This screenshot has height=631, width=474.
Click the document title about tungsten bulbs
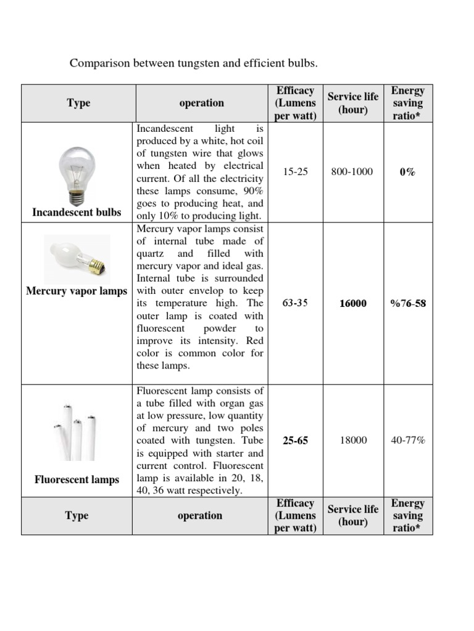point(193,63)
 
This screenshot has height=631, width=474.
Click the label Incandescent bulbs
point(77,213)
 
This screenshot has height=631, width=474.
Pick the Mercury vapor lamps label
point(77,291)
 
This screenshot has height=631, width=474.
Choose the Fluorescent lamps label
point(77,479)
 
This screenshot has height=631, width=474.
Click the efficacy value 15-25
point(295,172)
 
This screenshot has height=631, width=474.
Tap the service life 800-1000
point(352,172)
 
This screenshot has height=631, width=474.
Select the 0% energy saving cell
point(407,173)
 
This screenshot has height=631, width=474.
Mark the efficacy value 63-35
point(295,304)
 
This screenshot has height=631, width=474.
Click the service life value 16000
point(352,304)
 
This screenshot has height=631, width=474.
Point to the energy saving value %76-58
point(407,304)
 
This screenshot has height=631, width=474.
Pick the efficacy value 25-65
point(295,441)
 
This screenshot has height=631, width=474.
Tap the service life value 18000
point(352,441)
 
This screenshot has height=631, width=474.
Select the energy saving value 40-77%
point(407,441)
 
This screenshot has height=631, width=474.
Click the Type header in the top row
point(78,104)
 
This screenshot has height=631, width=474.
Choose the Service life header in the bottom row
point(352,516)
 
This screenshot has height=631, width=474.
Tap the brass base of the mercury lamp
point(98,265)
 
